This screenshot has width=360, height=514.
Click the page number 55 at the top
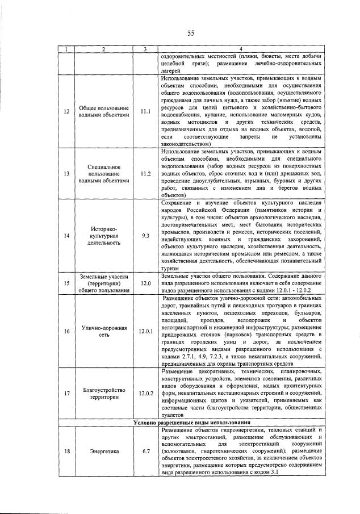[x=191, y=34]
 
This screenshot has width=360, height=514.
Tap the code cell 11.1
[x=146, y=111]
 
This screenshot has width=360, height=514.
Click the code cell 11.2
[x=146, y=173]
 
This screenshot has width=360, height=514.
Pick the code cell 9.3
[x=146, y=235]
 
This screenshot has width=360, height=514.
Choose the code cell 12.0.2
[x=146, y=393]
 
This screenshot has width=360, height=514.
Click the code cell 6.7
[x=146, y=452]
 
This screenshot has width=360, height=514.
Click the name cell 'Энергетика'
[x=104, y=452]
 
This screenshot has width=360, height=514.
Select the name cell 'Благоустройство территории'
[x=104, y=393]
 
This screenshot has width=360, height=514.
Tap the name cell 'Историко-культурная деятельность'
[x=104, y=235]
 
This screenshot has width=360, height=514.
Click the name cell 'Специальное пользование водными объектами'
[x=104, y=173]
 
